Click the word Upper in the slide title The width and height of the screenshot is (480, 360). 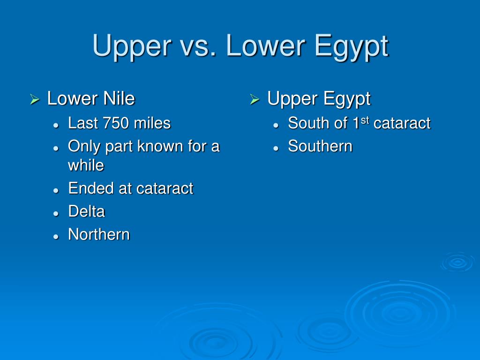[126, 46]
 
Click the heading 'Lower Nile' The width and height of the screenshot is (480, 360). [91, 99]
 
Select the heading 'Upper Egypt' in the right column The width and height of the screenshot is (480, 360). [319, 99]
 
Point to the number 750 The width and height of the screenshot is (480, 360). [115, 123]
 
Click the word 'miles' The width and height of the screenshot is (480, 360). [152, 123]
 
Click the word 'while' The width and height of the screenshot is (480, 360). [86, 165]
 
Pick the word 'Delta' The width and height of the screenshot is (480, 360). [86, 211]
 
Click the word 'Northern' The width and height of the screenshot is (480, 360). [99, 234]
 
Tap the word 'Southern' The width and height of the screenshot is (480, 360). [320, 146]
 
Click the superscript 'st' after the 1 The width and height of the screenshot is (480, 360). [365, 120]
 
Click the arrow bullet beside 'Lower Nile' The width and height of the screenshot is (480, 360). [34, 100]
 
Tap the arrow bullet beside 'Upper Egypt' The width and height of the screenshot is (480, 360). [254, 100]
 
